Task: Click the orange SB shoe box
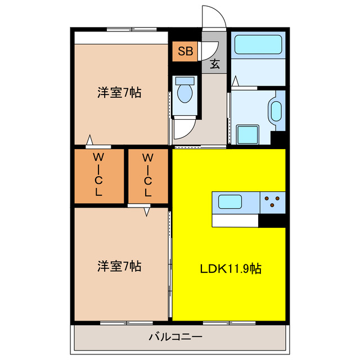[185, 52]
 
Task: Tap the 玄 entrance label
[215, 63]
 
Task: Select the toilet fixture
[184, 91]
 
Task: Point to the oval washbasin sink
[276, 111]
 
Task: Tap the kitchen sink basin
[229, 201]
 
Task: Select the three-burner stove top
[272, 201]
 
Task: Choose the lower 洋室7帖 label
[119, 265]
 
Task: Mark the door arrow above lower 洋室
[147, 211]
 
